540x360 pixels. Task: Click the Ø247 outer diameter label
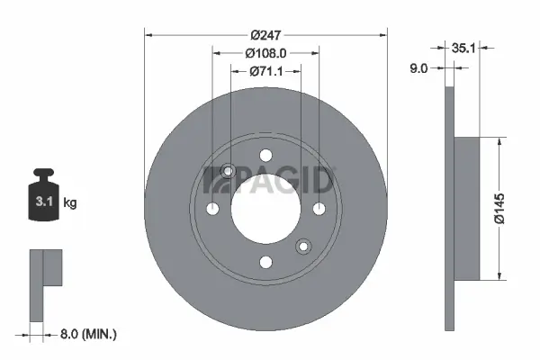[x=265, y=34]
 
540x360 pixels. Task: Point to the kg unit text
[x=70, y=203]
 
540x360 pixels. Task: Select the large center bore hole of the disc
[x=265, y=208]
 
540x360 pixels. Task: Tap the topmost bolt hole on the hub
[x=265, y=155]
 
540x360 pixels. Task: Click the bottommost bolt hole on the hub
[x=265, y=262]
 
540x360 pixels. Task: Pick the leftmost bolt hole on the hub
[x=212, y=209]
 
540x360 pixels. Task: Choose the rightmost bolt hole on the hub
[x=319, y=209]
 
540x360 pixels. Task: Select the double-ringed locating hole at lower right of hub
[x=303, y=245]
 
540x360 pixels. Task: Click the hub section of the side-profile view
[x=470, y=209]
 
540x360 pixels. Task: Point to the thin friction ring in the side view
[x=451, y=209]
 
